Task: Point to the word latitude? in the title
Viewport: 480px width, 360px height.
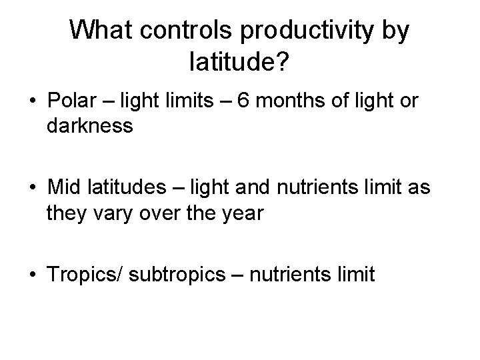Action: pos(239,63)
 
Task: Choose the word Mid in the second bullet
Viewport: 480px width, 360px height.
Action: pos(63,189)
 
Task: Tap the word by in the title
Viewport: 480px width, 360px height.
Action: pos(392,32)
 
